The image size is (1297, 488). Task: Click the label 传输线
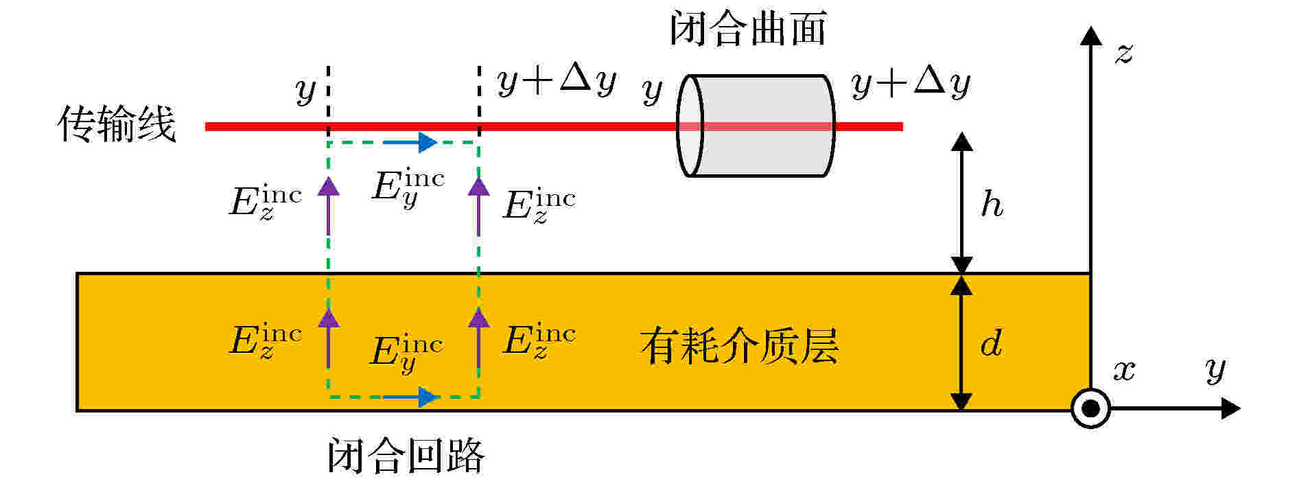click(x=117, y=124)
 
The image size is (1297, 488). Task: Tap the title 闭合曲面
click(x=747, y=29)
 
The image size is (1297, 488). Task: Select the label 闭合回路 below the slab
click(x=406, y=455)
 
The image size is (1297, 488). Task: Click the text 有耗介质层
click(x=739, y=345)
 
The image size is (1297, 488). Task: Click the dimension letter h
click(x=992, y=204)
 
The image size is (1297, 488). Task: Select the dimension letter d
click(x=991, y=342)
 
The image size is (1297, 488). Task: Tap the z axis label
click(x=1123, y=53)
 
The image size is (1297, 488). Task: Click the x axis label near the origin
click(x=1124, y=371)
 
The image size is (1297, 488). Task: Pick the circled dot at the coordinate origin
click(x=1090, y=409)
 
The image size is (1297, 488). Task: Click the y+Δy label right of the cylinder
click(x=911, y=83)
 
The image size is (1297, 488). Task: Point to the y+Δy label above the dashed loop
click(x=557, y=82)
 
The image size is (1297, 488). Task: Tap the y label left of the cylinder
click(x=652, y=90)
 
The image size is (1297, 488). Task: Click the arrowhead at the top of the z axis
click(x=1090, y=36)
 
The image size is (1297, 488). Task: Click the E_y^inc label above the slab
click(x=408, y=187)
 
